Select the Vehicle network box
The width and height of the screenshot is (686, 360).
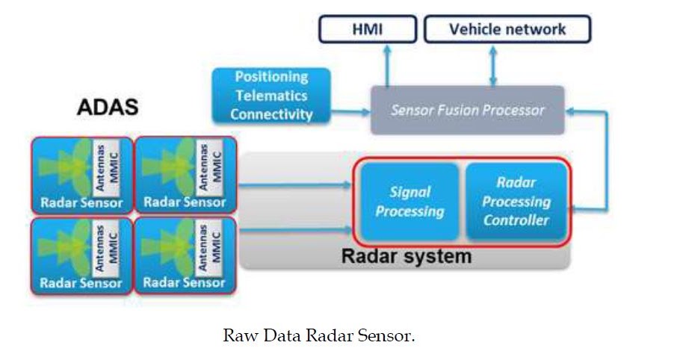click(x=507, y=30)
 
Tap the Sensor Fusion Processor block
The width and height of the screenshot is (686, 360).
click(x=467, y=111)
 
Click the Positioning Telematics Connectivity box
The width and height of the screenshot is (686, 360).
click(x=271, y=96)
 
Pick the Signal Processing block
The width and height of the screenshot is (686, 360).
click(x=410, y=202)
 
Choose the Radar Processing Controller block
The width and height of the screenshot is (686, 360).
click(x=516, y=201)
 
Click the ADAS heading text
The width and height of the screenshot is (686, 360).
click(x=108, y=108)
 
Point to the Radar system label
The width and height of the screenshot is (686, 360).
click(x=407, y=257)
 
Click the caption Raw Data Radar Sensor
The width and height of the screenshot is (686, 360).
click(x=318, y=336)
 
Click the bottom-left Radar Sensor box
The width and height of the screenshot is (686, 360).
click(x=81, y=256)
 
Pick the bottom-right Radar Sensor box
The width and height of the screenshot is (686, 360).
click(x=185, y=256)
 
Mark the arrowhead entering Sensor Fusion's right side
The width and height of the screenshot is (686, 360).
click(x=572, y=111)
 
